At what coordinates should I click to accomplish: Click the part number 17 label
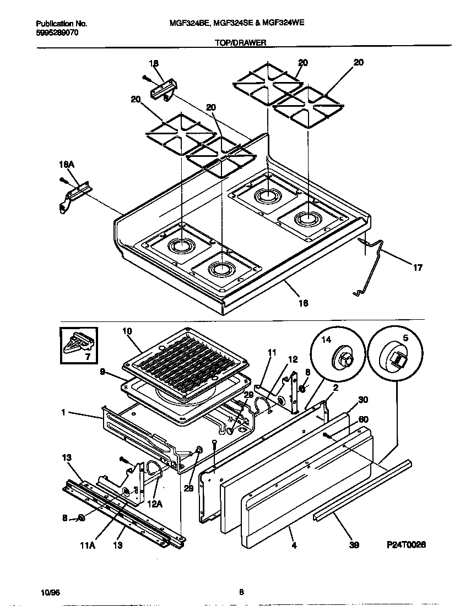pyautogui.click(x=418, y=268)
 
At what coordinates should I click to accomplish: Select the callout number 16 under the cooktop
pyautogui.click(x=303, y=303)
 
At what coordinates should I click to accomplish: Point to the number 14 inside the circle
pyautogui.click(x=326, y=340)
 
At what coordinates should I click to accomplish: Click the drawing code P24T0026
pyautogui.click(x=406, y=544)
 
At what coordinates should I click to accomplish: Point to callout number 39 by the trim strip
pyautogui.click(x=355, y=545)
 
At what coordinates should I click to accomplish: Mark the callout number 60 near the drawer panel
pyautogui.click(x=363, y=419)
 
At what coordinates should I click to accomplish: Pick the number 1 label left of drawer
pyautogui.click(x=63, y=412)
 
